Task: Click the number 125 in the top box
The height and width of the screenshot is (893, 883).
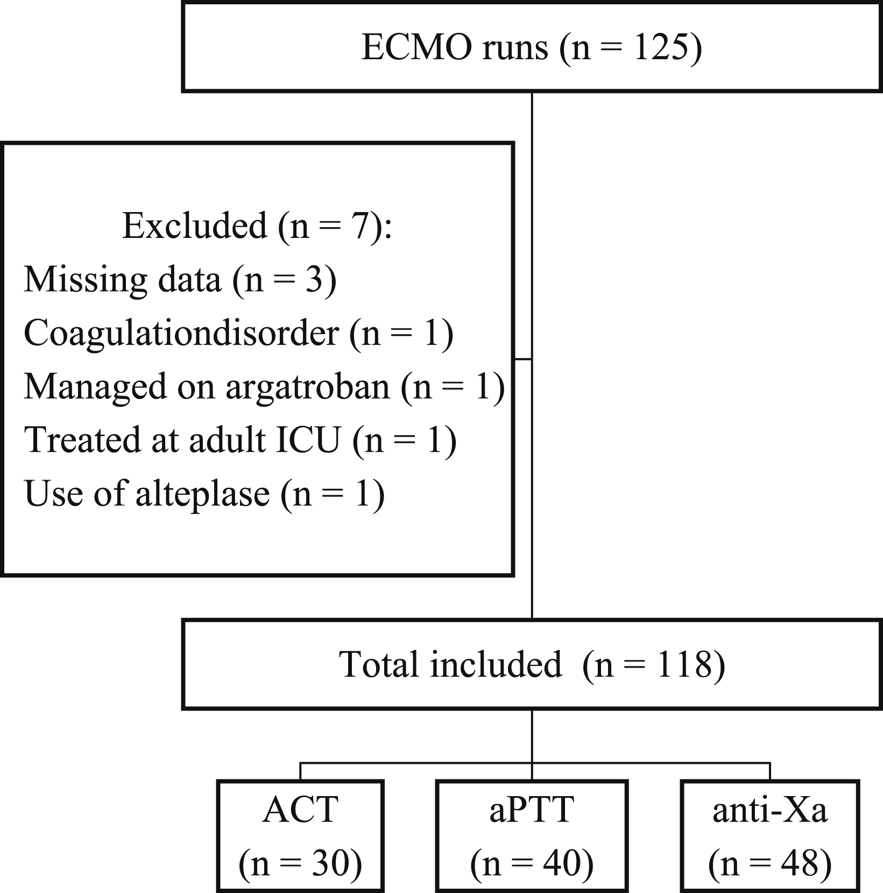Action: (661, 47)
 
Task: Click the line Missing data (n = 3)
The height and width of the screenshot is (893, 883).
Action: (180, 280)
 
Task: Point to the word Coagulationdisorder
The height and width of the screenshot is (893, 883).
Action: (182, 334)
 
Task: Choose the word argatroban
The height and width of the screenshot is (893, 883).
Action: (307, 388)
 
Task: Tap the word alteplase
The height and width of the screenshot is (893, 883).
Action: (202, 494)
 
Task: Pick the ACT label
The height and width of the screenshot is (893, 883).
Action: (300, 810)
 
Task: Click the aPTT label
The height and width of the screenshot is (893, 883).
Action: (532, 810)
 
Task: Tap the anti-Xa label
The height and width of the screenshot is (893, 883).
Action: (770, 810)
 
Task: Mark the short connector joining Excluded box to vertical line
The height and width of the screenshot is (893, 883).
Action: (522, 358)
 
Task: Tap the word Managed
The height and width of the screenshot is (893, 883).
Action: (96, 388)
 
